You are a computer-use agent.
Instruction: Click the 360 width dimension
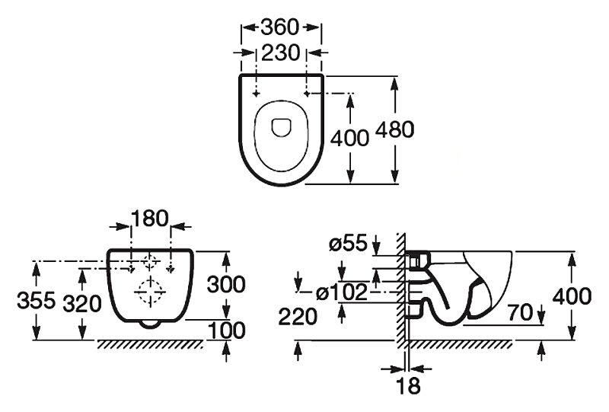280,27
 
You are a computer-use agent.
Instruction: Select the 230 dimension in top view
281,53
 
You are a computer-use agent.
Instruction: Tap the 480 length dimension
394,129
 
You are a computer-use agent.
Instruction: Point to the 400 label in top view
349,138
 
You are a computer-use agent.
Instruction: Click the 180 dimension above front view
150,218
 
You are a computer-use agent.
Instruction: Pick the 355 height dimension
37,301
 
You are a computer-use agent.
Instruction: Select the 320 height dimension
82,304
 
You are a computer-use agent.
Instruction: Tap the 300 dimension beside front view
226,284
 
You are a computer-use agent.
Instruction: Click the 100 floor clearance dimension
227,331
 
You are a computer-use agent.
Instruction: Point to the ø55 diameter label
348,244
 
